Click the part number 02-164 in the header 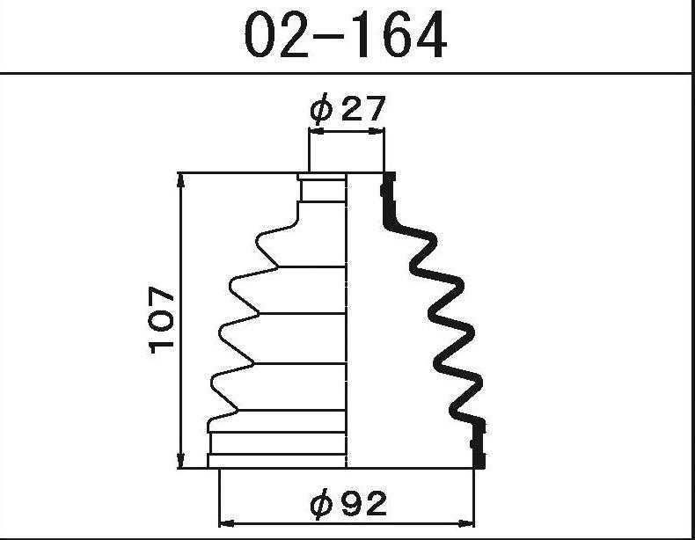tap(345, 34)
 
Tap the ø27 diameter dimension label tap(347, 109)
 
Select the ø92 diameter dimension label tap(348, 504)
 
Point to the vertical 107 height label tap(162, 320)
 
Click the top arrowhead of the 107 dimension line tap(181, 181)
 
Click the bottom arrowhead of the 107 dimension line tap(181, 460)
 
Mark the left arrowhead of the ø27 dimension tap(317, 131)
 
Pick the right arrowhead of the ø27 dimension tap(377, 131)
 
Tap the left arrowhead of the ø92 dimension tap(227, 523)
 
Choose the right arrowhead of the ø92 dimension tap(466, 523)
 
